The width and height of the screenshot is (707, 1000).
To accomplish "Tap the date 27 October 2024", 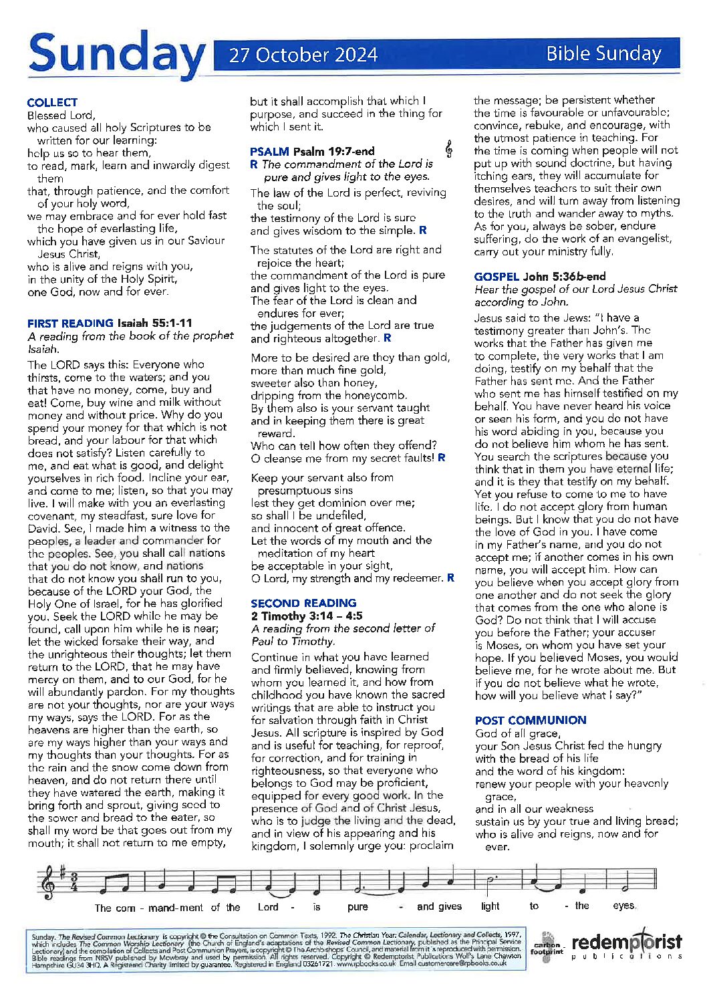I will pyautogui.click(x=303, y=55).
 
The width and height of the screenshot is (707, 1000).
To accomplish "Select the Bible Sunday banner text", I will pyautogui.click(x=603, y=53).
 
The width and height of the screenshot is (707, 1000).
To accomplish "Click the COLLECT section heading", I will pyautogui.click(x=52, y=102).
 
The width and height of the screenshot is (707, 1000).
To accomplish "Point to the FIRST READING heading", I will pyautogui.click(x=70, y=323).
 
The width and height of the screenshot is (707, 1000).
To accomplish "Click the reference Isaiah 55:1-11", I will pyautogui.click(x=154, y=323).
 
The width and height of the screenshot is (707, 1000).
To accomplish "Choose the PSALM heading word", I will pyautogui.click(x=269, y=151).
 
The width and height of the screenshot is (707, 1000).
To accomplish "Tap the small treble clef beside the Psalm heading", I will pyautogui.click(x=449, y=150).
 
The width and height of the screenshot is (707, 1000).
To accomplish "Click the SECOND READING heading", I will pyautogui.click(x=303, y=603).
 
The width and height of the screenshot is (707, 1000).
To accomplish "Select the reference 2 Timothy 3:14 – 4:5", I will pyautogui.click(x=307, y=616).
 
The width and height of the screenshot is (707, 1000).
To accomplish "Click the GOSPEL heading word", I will pyautogui.click(x=497, y=276).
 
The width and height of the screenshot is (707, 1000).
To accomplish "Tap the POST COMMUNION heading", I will pyautogui.click(x=531, y=720).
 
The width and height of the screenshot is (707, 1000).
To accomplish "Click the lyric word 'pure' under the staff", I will pyautogui.click(x=358, y=907).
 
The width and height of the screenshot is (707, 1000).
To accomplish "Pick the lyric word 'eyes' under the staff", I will pyautogui.click(x=624, y=906).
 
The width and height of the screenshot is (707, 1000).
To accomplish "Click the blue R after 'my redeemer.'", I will pyautogui.click(x=451, y=578).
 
